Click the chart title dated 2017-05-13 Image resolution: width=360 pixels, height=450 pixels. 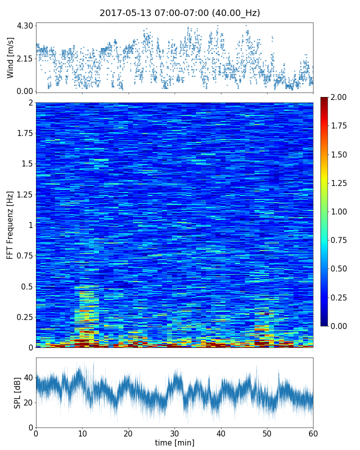[x=179, y=13]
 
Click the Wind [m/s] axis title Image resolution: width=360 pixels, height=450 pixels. [x=10, y=57]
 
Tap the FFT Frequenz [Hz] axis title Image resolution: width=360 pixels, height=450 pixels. [x=10, y=225]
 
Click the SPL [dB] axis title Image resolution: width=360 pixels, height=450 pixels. [x=18, y=392]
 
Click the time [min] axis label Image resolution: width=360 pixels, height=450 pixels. [x=174, y=442]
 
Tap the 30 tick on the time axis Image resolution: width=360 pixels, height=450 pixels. [x=174, y=433]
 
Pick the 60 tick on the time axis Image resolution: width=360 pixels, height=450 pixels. [x=313, y=433]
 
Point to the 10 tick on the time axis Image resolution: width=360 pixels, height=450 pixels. [x=82, y=433]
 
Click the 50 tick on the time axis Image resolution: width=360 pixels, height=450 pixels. [x=267, y=433]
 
